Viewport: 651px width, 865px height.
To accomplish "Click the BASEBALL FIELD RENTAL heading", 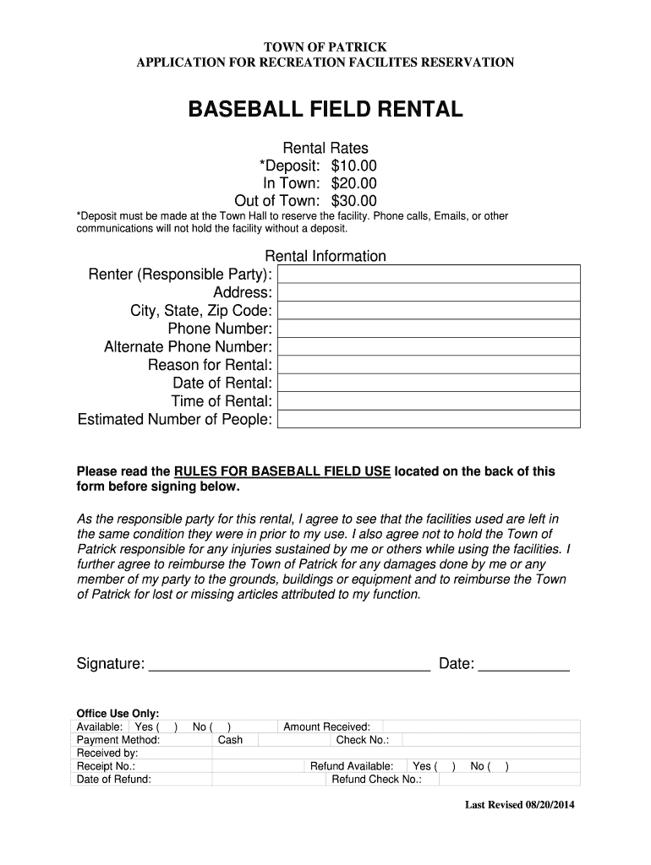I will [325, 110].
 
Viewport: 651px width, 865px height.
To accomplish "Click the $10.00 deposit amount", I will [353, 166].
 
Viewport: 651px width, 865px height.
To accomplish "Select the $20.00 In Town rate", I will [353, 183].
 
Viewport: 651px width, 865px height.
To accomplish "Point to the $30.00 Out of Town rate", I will [353, 201].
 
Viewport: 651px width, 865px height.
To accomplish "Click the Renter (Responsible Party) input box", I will [429, 275].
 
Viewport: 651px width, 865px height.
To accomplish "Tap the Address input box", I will [429, 292].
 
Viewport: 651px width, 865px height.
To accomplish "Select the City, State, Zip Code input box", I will [429, 311].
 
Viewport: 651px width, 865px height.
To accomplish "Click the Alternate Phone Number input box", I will [429, 347].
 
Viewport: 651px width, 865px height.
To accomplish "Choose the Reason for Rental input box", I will [429, 365].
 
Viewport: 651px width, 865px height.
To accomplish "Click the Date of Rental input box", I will [429, 384].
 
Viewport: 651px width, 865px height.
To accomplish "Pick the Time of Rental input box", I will [429, 401].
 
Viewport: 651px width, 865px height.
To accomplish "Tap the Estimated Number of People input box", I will [429, 420].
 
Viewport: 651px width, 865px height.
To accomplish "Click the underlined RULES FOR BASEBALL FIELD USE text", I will [282, 471].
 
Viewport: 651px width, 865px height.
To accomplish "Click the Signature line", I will [289, 666].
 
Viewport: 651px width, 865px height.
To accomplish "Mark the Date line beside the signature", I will [523, 666].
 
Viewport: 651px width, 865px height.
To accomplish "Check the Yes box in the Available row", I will [168, 727].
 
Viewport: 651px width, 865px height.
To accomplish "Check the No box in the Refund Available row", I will [500, 766].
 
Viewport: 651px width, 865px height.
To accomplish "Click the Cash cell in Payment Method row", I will [230, 740].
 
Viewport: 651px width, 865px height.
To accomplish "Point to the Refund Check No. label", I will [376, 780].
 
